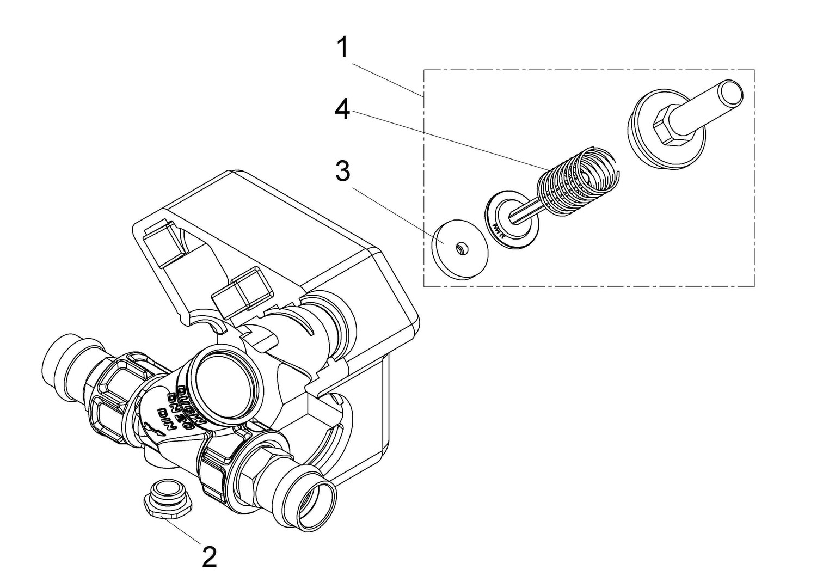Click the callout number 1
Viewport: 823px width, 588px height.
point(342,47)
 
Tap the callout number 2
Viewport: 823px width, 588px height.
point(209,556)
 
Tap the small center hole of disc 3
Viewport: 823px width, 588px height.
point(460,248)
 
